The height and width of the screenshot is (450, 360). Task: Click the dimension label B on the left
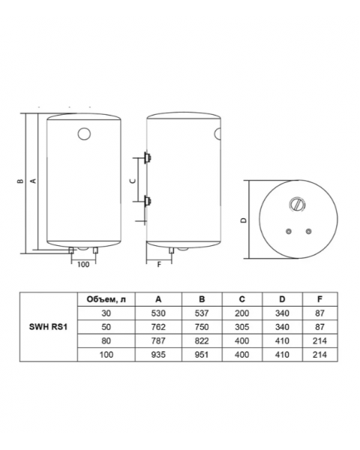coord(19,181)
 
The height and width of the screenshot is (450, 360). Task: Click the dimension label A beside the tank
coord(33,181)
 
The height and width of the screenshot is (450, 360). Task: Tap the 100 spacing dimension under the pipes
coord(83,264)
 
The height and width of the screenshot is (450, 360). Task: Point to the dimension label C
coord(133,181)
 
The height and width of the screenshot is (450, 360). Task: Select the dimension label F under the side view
coord(159,264)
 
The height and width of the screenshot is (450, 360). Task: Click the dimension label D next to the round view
coord(244,220)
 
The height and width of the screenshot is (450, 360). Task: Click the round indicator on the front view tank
coord(84,133)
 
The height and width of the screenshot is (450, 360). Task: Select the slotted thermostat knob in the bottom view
coord(297,205)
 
